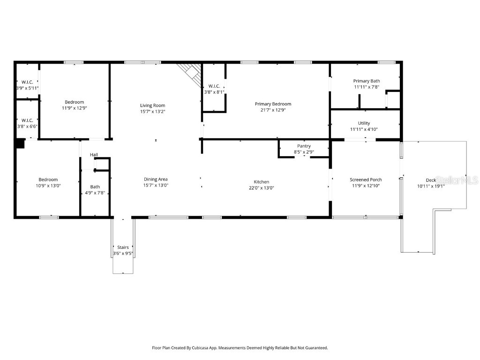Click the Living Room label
coord(152,105)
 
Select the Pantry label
coord(304,146)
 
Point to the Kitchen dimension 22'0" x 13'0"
coord(261,188)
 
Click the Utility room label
coord(364,123)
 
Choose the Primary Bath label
coord(367,81)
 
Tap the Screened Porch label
coord(366,180)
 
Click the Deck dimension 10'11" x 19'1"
coord(431,186)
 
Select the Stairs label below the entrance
coord(123,247)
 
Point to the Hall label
coord(94,155)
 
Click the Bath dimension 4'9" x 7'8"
coord(95,193)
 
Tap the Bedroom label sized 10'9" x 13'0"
coord(48,180)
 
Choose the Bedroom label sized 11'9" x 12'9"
coord(75,102)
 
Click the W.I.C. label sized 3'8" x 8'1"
coord(214,86)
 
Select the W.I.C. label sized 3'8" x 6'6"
coord(27,120)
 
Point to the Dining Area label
coord(156,179)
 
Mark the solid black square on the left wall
coord(19,143)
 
